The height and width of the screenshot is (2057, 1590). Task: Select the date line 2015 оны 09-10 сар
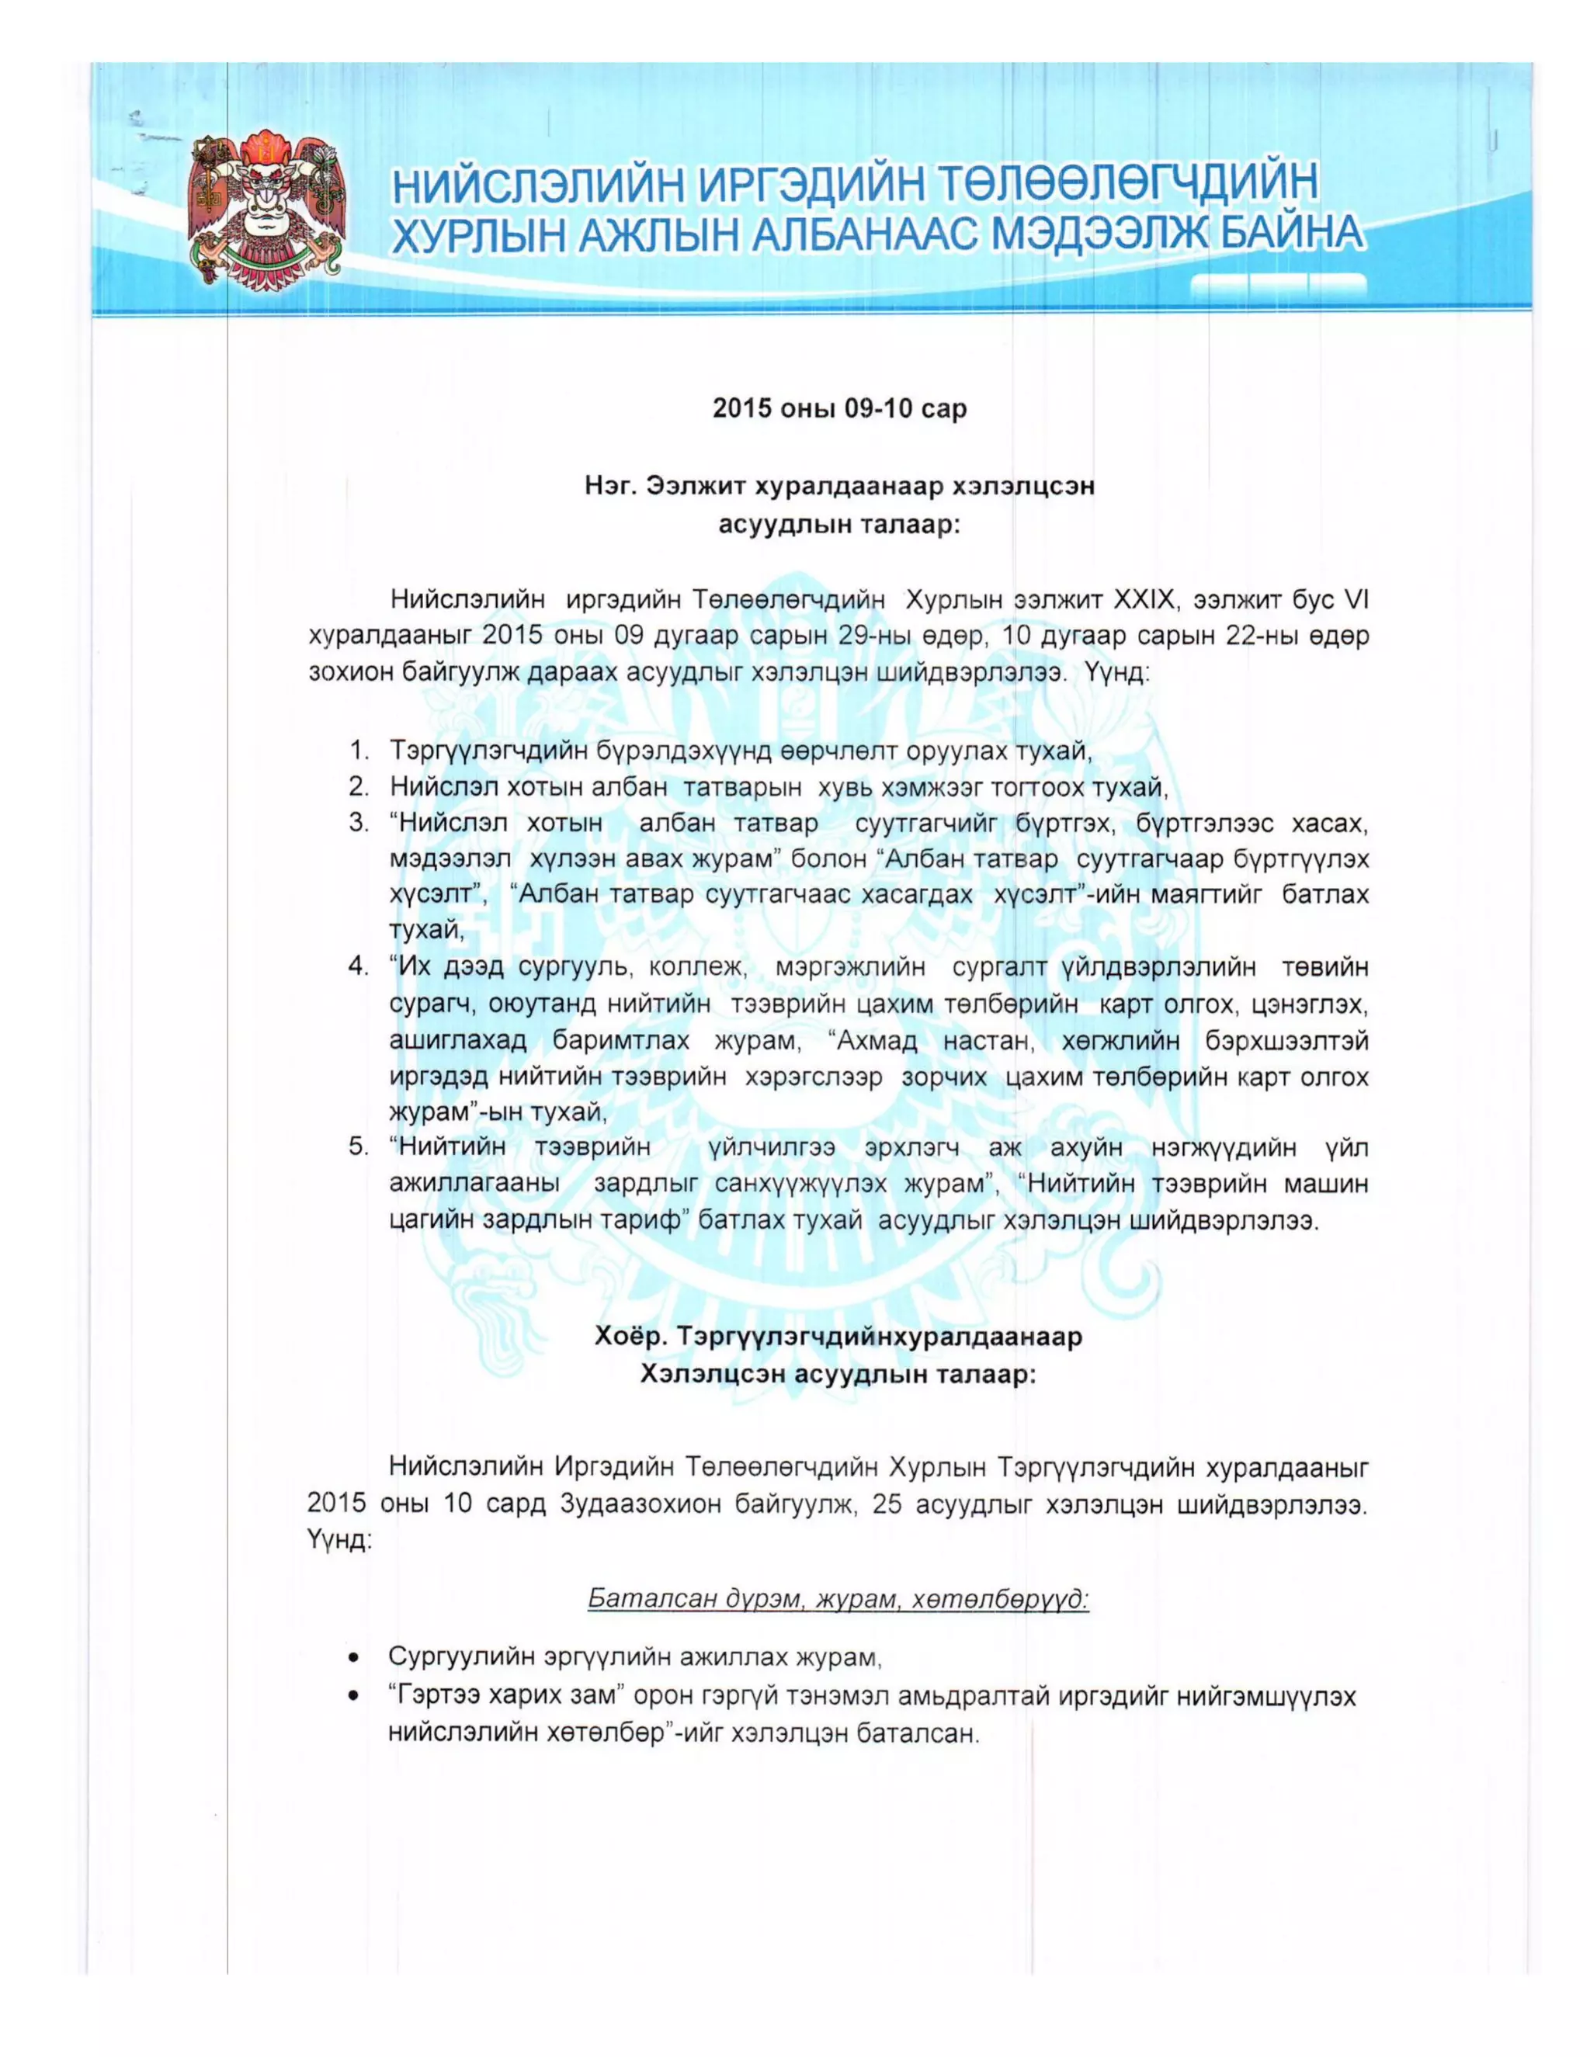tap(839, 409)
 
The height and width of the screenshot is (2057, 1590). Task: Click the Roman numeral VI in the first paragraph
tap(1355, 600)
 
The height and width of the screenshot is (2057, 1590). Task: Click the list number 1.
tap(359, 751)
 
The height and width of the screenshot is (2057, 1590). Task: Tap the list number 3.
tap(359, 823)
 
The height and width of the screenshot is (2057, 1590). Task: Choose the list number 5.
tap(359, 1147)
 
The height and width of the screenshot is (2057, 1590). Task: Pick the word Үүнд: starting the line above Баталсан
tap(339, 1541)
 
